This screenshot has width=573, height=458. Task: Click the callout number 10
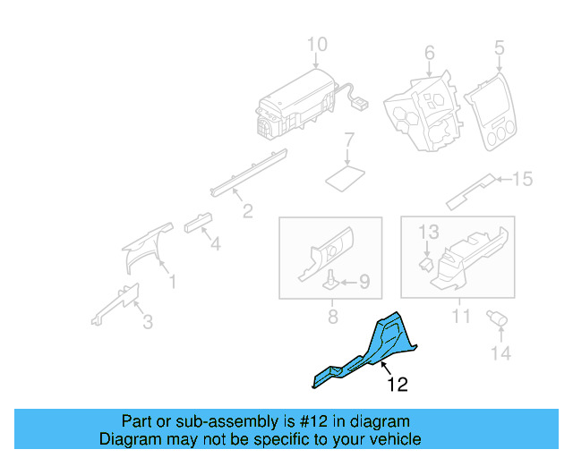coord(318,45)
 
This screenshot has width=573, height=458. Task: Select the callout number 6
coord(429,53)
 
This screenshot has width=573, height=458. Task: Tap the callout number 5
coord(499,47)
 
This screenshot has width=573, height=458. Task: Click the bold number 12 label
coord(398,385)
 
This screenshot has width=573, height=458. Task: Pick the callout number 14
coord(500,353)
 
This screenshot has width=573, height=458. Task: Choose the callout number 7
coord(350,140)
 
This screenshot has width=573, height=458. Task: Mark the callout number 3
coord(148,321)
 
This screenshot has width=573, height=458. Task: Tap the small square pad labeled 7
coord(345,175)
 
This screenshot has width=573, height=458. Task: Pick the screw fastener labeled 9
coord(330,281)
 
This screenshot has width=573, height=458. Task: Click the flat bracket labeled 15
coord(471,189)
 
